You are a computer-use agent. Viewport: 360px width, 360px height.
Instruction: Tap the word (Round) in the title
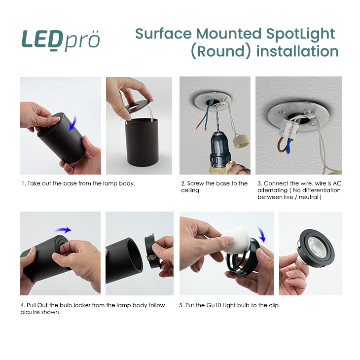point(220,51)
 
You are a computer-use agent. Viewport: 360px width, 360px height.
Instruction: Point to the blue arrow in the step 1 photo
point(73,123)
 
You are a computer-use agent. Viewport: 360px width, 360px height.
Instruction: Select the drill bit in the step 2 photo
point(216,121)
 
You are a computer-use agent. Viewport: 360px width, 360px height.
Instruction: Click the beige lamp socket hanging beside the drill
point(241,141)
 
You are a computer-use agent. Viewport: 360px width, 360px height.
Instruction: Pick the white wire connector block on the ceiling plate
point(288,129)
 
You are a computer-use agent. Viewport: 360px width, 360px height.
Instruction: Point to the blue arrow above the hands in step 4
point(63,230)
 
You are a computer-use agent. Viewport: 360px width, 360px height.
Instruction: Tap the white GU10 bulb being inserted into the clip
point(235,240)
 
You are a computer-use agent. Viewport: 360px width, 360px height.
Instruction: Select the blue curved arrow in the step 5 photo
point(261,235)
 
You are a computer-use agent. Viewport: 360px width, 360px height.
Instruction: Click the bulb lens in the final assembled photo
point(317,248)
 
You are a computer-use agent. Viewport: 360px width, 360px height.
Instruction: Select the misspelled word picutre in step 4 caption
point(30,312)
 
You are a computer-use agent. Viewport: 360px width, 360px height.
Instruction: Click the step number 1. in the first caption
point(24,183)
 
